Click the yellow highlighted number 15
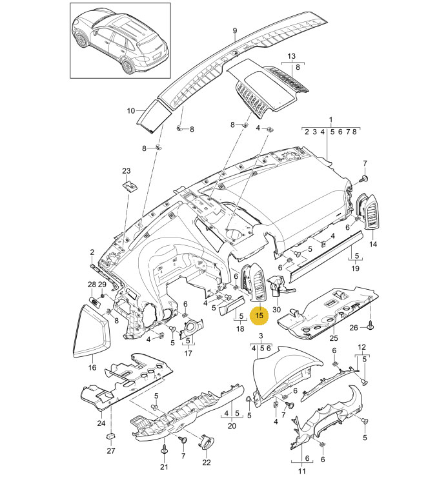point(259,316)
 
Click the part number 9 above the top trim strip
point(234,30)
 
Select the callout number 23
point(126,171)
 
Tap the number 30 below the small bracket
point(276,309)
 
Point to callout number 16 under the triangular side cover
point(92,368)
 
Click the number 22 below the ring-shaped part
point(207,463)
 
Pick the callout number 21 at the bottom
point(164,467)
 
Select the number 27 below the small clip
point(111,451)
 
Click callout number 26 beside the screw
point(354,328)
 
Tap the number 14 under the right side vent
point(373,244)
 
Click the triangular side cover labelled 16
point(91,331)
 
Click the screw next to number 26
point(370,326)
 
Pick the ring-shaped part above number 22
point(206,441)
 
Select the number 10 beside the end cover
point(131,110)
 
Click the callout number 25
point(334,338)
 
